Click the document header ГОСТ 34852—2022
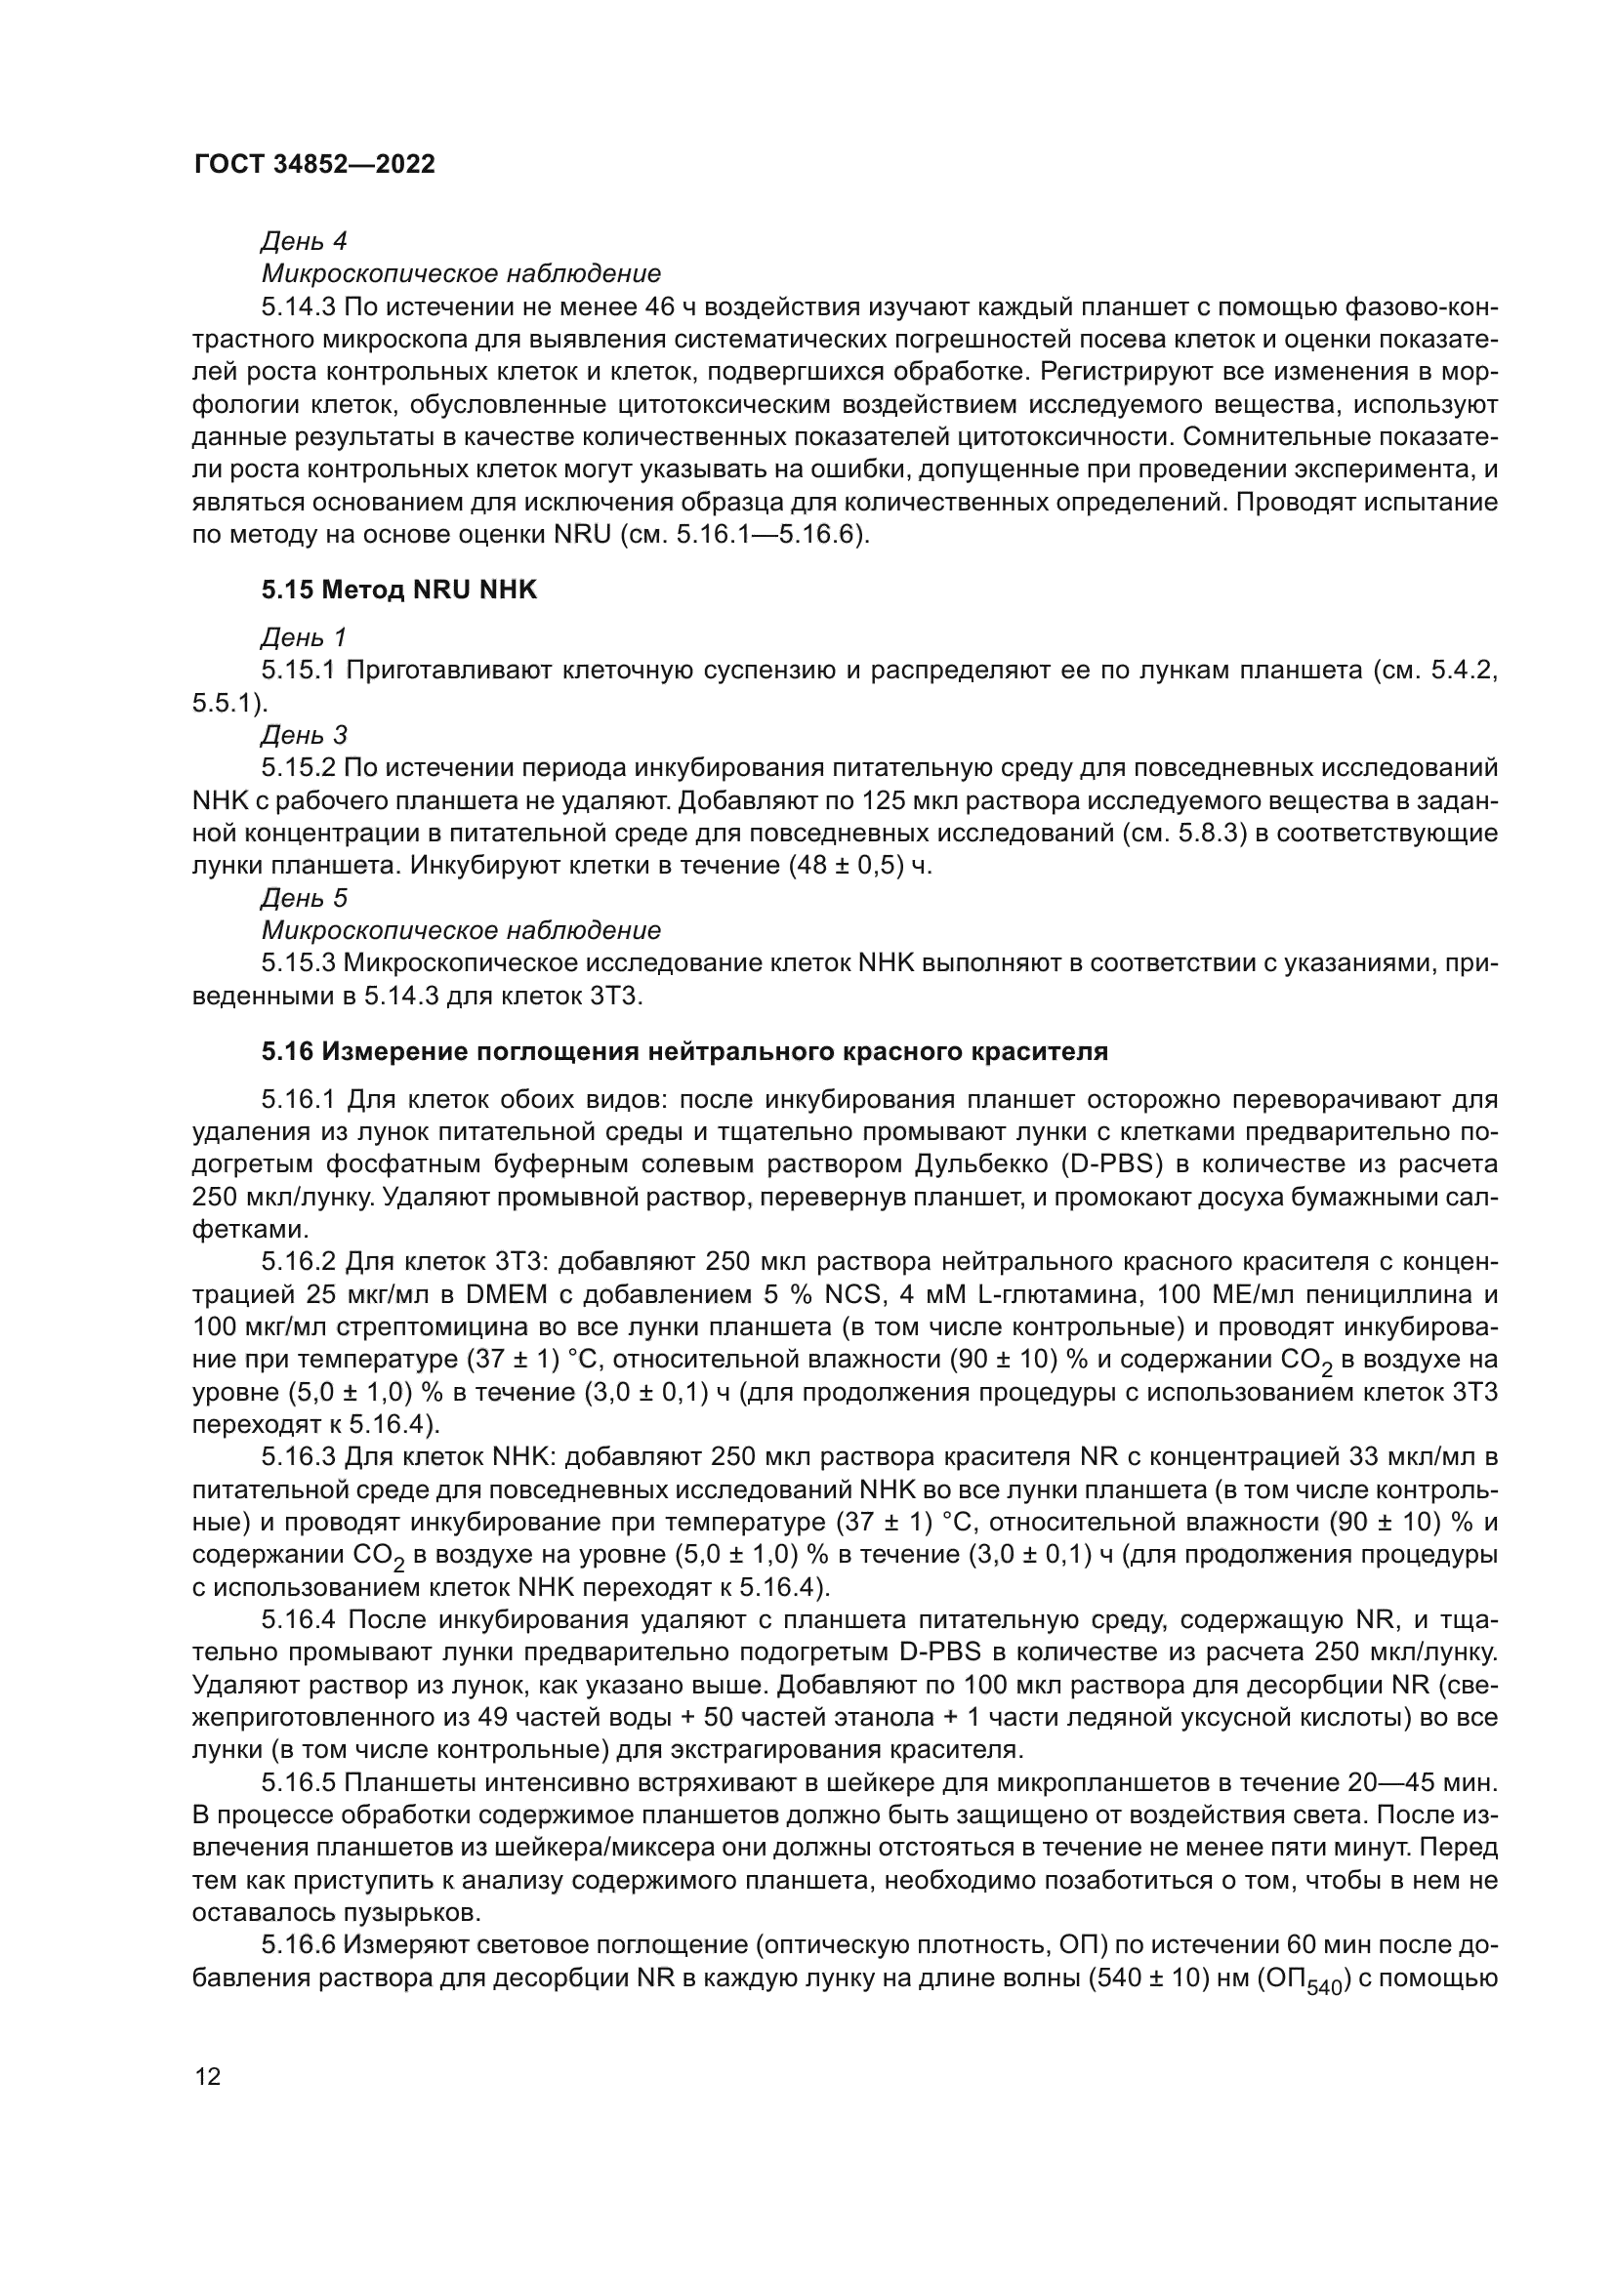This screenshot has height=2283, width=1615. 314,165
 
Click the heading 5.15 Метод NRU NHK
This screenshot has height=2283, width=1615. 398,591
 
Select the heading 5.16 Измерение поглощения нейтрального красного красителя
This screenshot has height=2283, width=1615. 684,1051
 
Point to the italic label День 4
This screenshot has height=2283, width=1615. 304,241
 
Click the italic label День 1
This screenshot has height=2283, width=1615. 304,636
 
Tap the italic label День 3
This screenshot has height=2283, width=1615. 304,735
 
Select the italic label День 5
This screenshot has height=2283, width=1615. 304,899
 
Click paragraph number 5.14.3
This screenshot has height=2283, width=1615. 300,306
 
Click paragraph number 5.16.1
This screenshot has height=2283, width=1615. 300,1100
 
